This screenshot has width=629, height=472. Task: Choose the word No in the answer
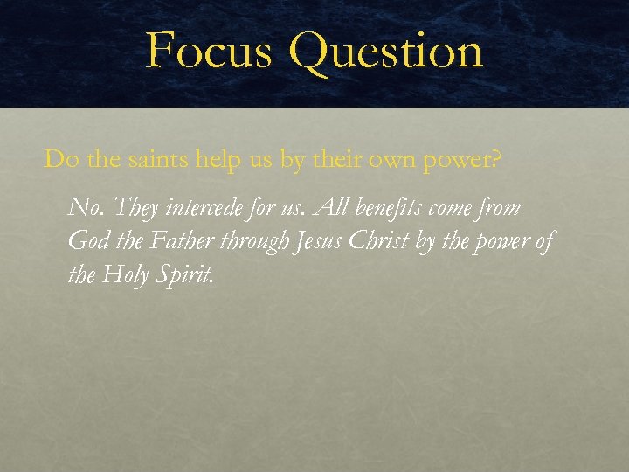82,208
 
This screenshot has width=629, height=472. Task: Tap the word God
86,241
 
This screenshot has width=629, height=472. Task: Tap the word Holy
124,274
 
